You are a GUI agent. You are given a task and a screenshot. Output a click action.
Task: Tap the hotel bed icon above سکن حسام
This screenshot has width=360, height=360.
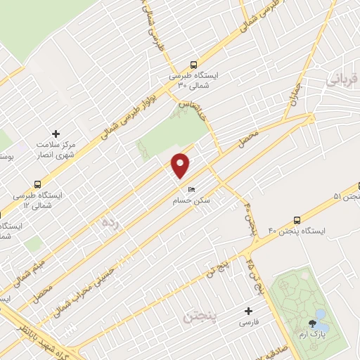point(191,190)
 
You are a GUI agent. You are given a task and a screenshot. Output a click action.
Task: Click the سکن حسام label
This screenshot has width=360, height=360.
point(192,201)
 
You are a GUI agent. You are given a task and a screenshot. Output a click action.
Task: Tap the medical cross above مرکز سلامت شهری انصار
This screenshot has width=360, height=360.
point(57,133)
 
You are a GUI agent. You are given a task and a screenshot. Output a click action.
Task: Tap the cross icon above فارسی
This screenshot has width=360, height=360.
point(247,310)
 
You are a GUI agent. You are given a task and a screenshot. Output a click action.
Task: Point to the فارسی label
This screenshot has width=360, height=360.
point(247,322)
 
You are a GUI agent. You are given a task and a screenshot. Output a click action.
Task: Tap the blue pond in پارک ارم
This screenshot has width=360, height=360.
point(321,314)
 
